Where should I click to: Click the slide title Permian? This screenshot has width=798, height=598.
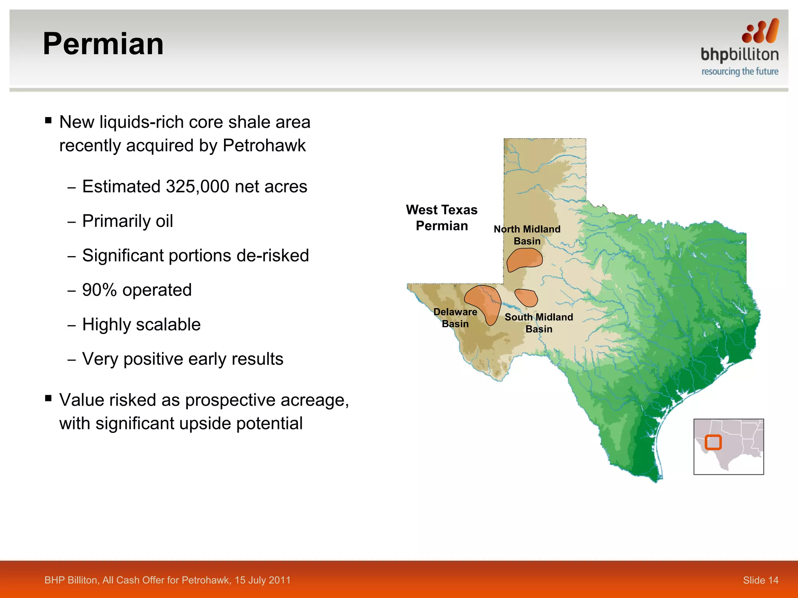tap(103, 44)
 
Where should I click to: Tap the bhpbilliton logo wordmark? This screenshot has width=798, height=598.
tap(739, 55)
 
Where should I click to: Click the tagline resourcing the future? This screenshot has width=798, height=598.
tap(740, 72)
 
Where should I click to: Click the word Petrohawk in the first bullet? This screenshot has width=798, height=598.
tap(264, 146)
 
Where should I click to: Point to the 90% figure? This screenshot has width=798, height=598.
tap(99, 290)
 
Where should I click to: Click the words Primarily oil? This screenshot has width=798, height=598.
tap(127, 221)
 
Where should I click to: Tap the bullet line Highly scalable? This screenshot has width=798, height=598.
tap(141, 325)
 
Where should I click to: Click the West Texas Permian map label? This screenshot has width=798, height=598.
tap(441, 218)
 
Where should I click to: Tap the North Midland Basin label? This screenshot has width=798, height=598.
tap(527, 235)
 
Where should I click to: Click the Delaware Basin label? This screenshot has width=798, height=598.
tap(455, 318)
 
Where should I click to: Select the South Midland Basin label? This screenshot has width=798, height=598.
tap(538, 323)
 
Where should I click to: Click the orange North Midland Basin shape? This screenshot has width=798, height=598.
tap(524, 259)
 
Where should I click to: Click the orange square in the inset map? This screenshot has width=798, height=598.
tap(713, 442)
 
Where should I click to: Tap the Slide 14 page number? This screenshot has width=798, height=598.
tap(760, 580)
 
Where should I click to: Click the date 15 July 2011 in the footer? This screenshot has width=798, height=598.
tap(262, 580)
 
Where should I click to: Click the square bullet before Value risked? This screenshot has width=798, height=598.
tap(48, 398)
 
